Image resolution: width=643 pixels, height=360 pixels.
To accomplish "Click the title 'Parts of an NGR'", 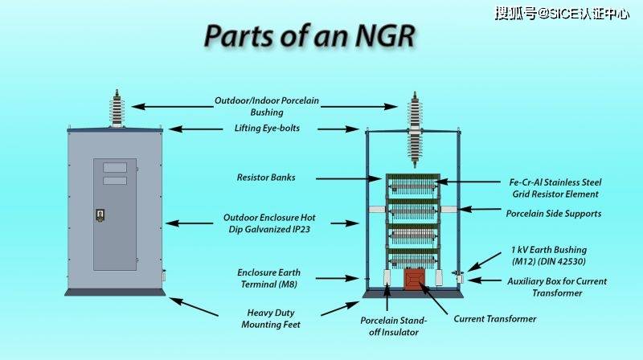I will (309, 36).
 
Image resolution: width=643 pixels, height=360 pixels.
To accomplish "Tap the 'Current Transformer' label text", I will (494, 319).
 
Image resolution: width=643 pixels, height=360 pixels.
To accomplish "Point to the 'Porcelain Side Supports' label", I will (553, 214).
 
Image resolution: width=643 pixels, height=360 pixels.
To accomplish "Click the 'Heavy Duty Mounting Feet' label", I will (271, 318).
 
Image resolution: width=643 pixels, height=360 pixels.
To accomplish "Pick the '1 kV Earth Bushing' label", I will (549, 256).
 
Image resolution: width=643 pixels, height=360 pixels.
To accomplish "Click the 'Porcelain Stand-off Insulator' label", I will (394, 325).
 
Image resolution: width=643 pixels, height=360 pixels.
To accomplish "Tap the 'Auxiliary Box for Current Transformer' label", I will (557, 287).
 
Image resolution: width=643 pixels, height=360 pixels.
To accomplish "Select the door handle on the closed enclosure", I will (101, 215).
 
